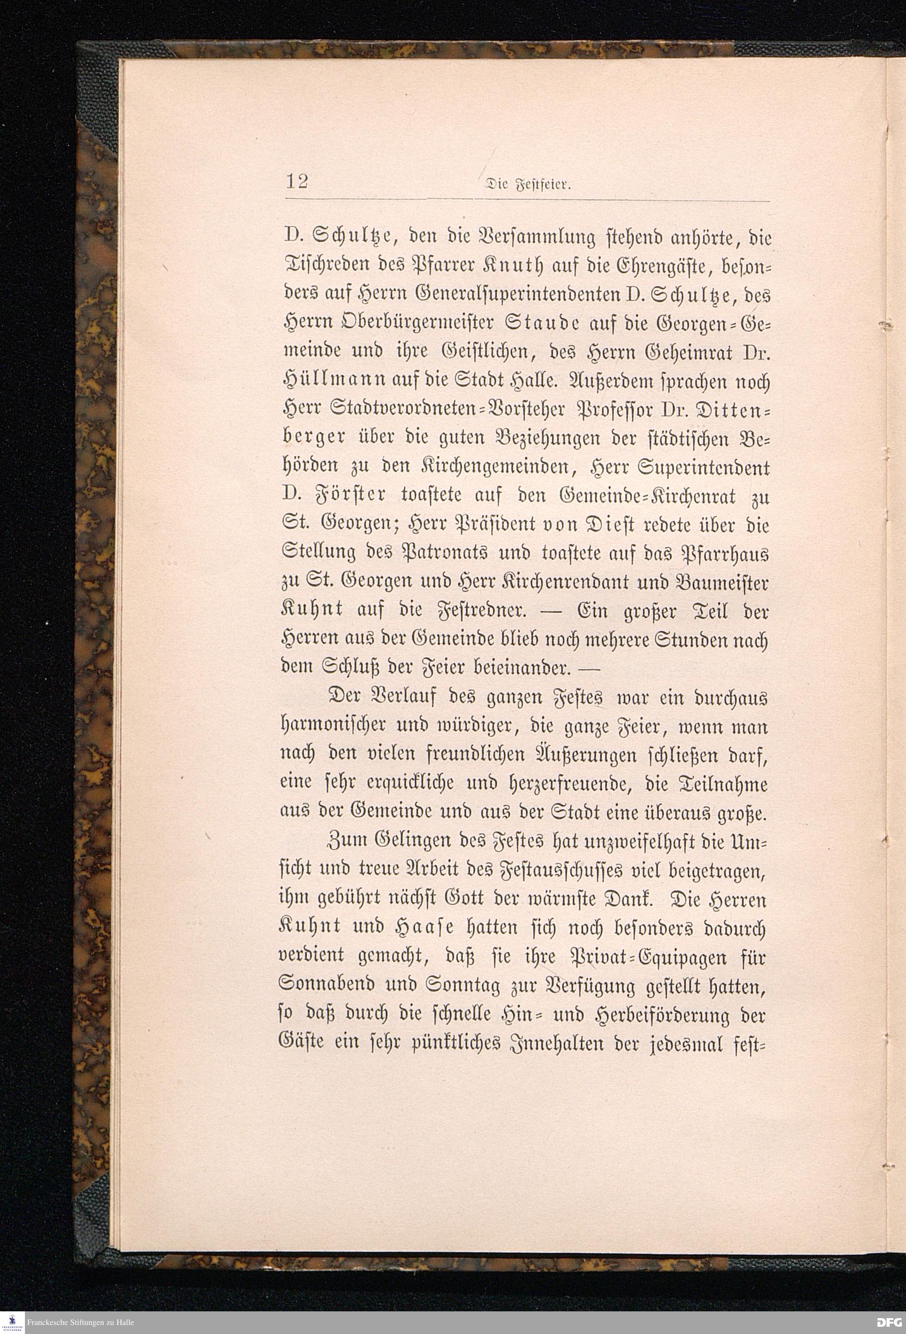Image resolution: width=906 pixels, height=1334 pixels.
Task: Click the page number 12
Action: [x=297, y=182]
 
